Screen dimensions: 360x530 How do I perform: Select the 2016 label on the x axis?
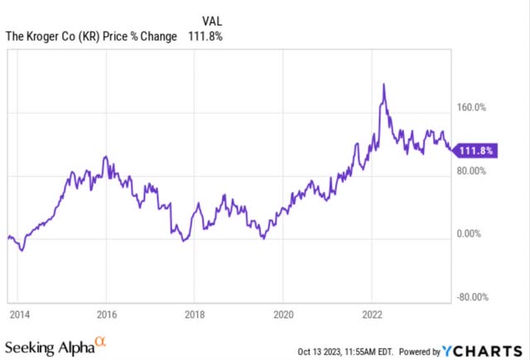click(x=106, y=314)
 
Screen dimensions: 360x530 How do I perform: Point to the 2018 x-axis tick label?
click(x=194, y=314)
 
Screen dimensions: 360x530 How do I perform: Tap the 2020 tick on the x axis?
click(x=282, y=314)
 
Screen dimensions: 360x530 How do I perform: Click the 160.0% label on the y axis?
click(x=473, y=107)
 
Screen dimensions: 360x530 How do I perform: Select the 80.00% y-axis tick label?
click(x=473, y=170)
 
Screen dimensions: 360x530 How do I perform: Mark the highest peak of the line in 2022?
click(x=383, y=84)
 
